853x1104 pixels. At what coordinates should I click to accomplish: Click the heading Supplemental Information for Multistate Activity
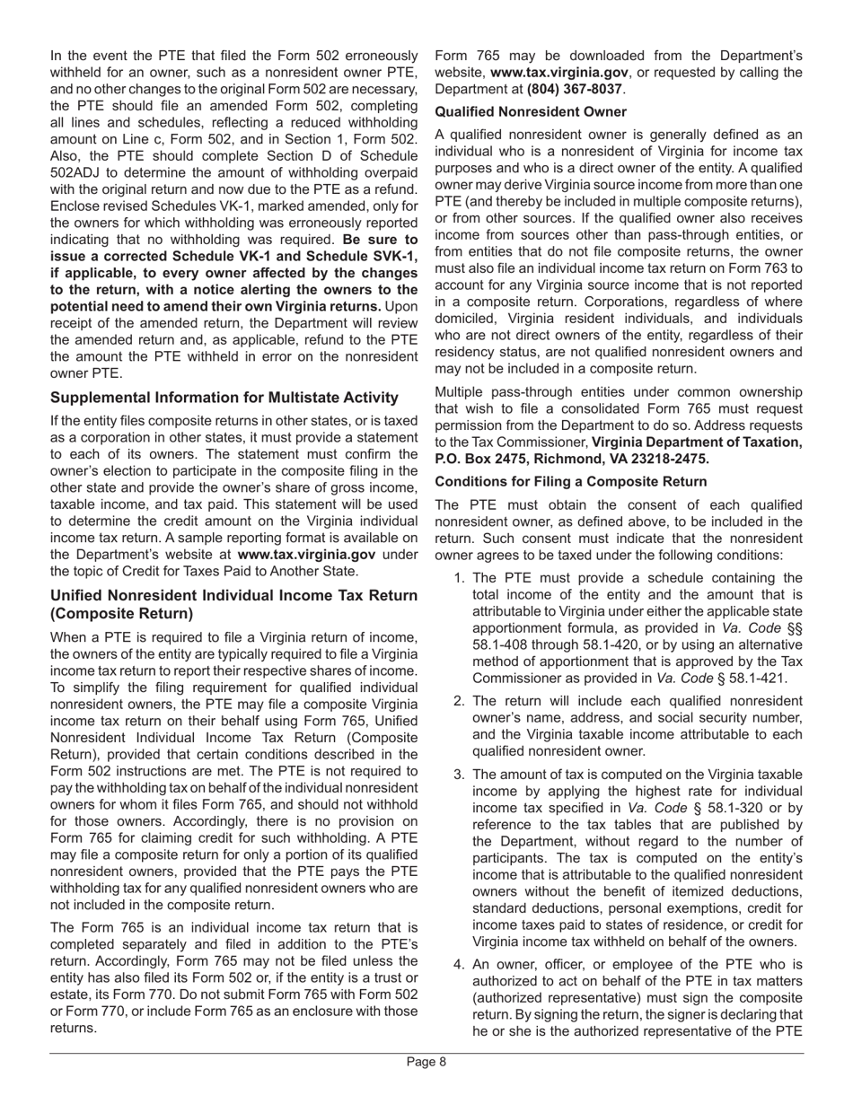(224, 398)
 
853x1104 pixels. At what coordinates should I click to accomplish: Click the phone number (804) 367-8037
(574, 89)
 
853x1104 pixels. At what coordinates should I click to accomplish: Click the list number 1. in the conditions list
(460, 579)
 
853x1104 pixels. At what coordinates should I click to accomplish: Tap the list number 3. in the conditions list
(460, 775)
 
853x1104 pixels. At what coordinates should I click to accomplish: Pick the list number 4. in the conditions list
(460, 964)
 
